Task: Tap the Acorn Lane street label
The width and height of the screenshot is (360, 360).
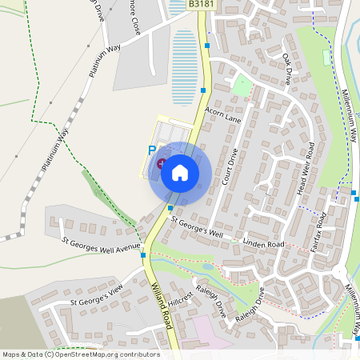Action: click(222, 114)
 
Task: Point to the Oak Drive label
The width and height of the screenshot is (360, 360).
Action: click(287, 70)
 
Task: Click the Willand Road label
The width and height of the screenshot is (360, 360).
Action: click(162, 303)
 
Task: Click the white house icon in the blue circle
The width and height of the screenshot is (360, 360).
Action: click(179, 173)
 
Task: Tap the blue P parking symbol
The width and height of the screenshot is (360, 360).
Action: click(151, 150)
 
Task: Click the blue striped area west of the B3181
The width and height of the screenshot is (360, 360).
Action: click(184, 56)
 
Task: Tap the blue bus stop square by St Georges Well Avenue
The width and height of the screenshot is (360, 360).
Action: click(144, 256)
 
